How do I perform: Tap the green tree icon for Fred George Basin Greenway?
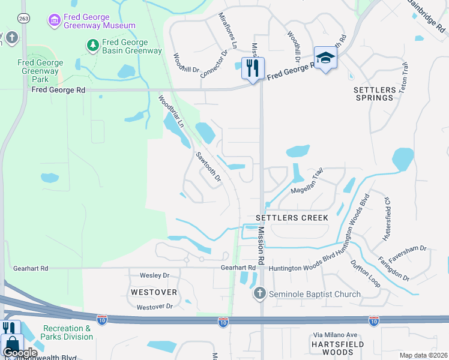point(93,44)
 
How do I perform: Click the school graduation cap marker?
point(325,58)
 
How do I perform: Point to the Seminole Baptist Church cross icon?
point(259,293)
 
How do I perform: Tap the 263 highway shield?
point(23,18)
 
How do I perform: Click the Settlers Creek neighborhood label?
point(292,218)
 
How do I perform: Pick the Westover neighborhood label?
point(154,292)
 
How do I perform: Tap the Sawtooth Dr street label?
point(208,167)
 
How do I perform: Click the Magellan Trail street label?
point(307,181)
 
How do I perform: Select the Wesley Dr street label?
point(155,275)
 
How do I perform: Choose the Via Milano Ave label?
point(335,335)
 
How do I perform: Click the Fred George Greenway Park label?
point(40,71)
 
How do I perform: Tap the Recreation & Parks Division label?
point(67,332)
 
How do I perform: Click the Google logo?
point(20,353)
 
